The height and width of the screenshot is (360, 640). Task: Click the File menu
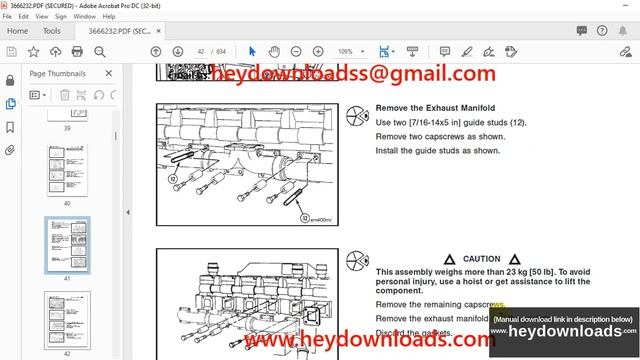[x=7, y=17]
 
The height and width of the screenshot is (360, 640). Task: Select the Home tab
[x=17, y=31]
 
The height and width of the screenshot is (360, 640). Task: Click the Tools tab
[x=52, y=31]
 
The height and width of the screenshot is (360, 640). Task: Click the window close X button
[x=626, y=5]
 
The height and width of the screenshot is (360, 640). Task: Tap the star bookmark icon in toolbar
[x=34, y=51]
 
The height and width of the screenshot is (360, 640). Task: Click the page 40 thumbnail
[x=68, y=171]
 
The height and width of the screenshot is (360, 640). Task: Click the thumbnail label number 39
[x=68, y=128]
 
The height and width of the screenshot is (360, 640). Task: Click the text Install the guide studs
[x=437, y=151]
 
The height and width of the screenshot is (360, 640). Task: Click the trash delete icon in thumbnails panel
[x=64, y=95]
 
